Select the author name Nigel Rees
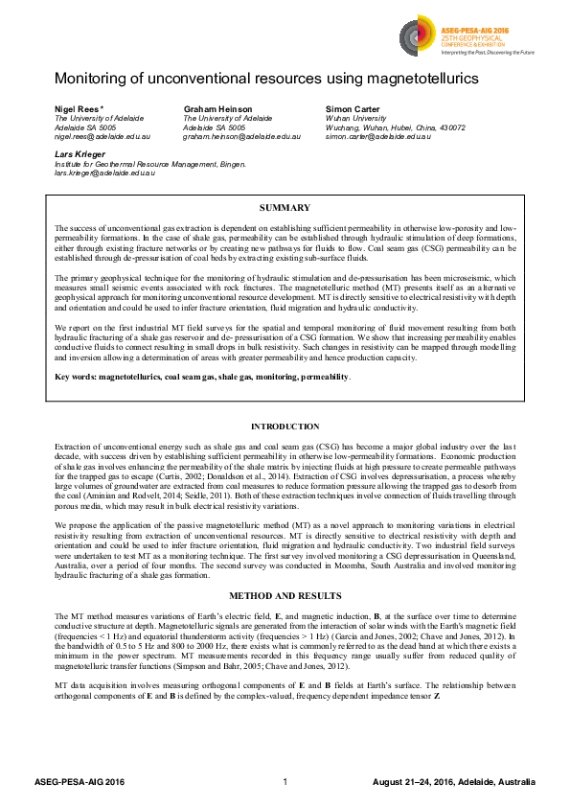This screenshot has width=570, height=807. tap(78, 109)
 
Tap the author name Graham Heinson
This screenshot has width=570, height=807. tap(217, 109)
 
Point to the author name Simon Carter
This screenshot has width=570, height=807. tap(353, 109)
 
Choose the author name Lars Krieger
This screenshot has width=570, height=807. tap(79, 153)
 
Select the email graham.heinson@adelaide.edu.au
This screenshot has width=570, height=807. tap(241, 136)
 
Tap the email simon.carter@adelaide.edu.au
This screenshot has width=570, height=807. tap(378, 136)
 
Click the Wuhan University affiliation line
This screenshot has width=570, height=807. tap(355, 118)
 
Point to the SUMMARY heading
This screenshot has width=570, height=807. tap(285, 208)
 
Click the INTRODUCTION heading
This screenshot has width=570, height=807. tap(285, 427)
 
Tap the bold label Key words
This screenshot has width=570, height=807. tap(76, 405)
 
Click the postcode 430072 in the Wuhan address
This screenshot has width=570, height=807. tap(449, 127)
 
